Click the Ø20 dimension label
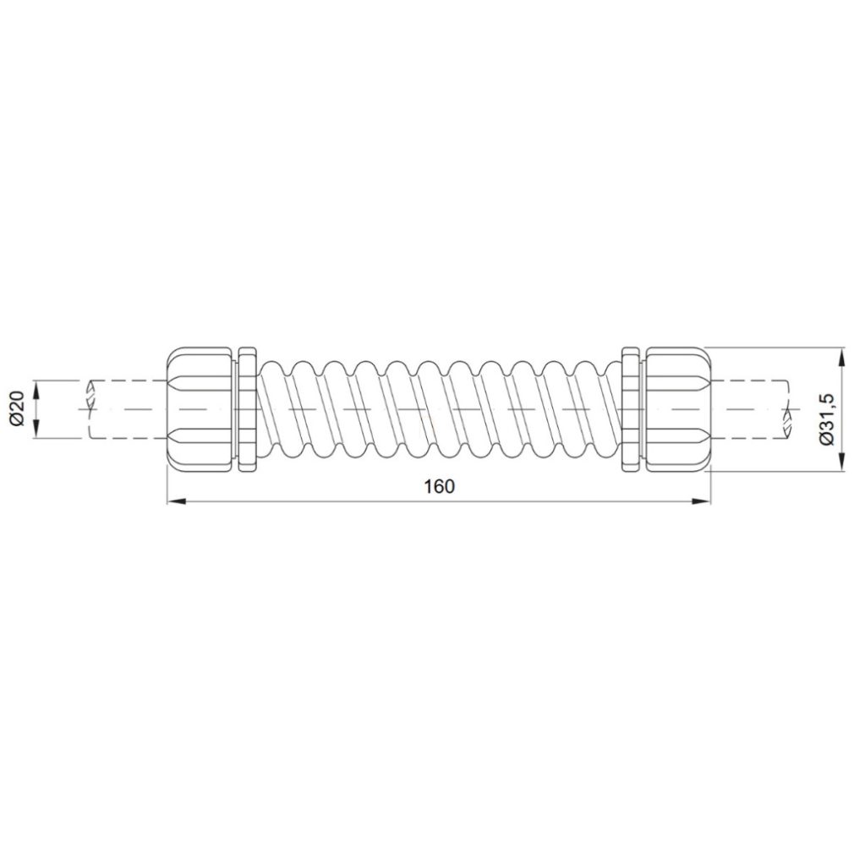(18, 408)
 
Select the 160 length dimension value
(439, 486)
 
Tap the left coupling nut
(200, 408)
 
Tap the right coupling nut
(678, 408)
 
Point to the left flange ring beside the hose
(247, 408)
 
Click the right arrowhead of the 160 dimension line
(702, 501)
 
